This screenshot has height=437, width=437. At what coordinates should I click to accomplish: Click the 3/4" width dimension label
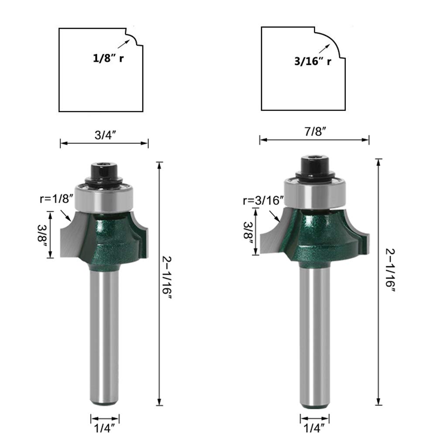pyautogui.click(x=105, y=135)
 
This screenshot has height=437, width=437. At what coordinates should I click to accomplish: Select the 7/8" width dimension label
pyautogui.click(x=315, y=131)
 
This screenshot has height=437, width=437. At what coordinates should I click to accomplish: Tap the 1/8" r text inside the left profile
pyautogui.click(x=108, y=58)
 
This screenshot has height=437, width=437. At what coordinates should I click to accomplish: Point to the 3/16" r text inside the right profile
pyautogui.click(x=313, y=61)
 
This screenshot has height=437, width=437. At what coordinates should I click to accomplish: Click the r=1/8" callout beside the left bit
pyautogui.click(x=57, y=199)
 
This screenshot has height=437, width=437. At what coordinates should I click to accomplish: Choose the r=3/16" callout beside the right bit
pyautogui.click(x=263, y=200)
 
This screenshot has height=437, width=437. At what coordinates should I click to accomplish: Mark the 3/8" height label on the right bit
pyautogui.click(x=248, y=234)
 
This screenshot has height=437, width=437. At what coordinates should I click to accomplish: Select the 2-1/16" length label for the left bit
pyautogui.click(x=167, y=278)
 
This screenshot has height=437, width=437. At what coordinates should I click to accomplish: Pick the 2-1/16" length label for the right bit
pyautogui.click(x=390, y=270)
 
